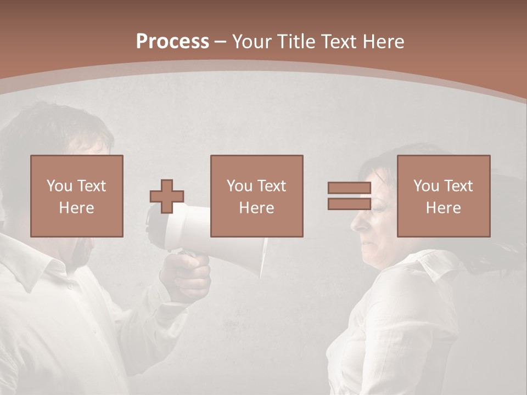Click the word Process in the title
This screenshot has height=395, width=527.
pyautogui.click(x=172, y=42)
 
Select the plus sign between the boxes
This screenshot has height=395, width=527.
pyautogui.click(x=167, y=196)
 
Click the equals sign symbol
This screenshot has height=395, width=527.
pyautogui.click(x=349, y=196)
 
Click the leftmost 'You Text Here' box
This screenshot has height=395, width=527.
pyautogui.click(x=76, y=196)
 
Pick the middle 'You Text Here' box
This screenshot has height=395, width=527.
pyautogui.click(x=256, y=196)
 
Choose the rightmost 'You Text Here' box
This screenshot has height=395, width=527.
pyautogui.click(x=443, y=196)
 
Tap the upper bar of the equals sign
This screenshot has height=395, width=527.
pyautogui.click(x=349, y=188)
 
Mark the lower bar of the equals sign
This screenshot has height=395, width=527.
pyautogui.click(x=349, y=204)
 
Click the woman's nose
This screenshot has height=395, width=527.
pyautogui.click(x=356, y=222)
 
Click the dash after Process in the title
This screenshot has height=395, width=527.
pyautogui.click(x=221, y=42)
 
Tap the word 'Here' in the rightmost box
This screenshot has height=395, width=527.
pyautogui.click(x=443, y=207)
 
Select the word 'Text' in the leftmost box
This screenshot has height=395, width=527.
pyautogui.click(x=91, y=186)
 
